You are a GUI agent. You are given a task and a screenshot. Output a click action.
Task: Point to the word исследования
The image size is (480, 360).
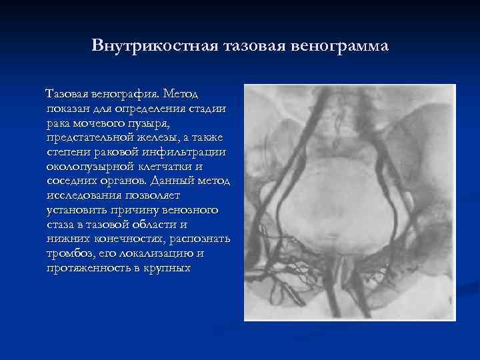(x=82, y=196)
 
